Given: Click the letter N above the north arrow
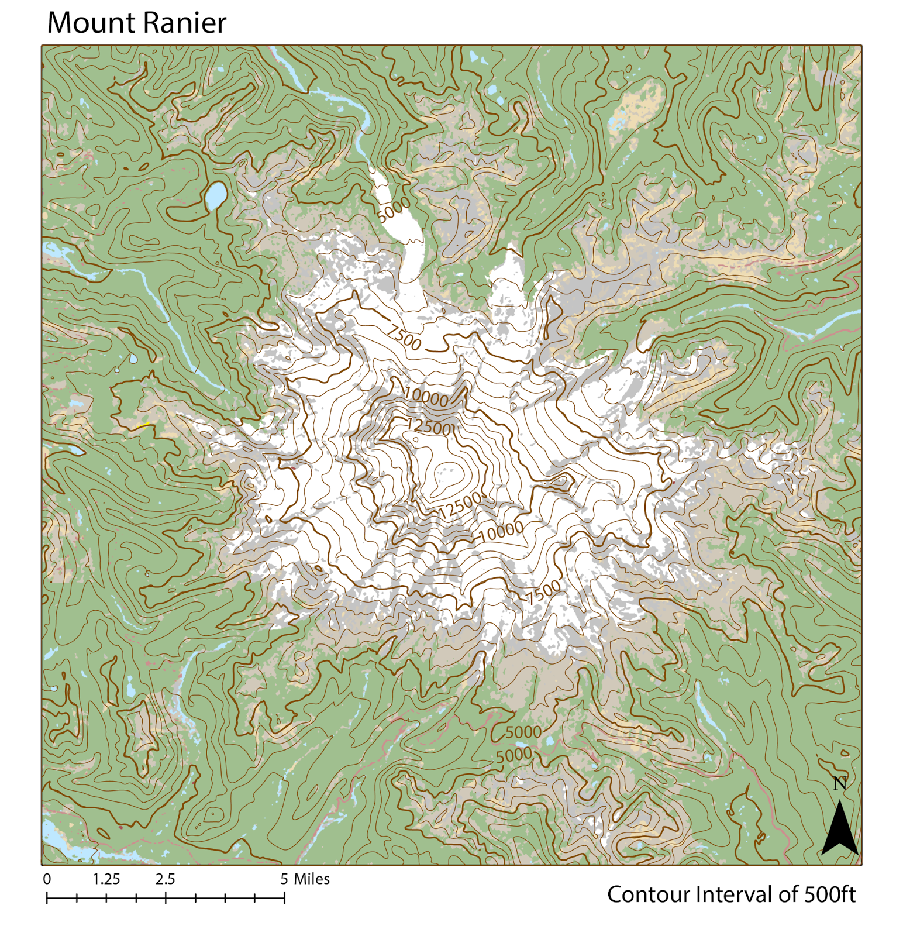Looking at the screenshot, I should tap(840, 783).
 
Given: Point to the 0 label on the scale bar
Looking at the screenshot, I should tap(47, 879).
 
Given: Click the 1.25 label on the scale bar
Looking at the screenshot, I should tap(106, 879).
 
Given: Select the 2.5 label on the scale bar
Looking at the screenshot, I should tap(166, 879).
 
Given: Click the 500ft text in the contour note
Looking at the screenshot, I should tap(830, 894).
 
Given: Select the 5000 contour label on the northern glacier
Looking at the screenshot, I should tap(394, 210).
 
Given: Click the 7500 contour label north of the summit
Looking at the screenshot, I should tap(404, 338).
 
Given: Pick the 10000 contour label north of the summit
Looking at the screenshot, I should tap(426, 397).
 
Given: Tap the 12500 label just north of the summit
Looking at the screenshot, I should tap(429, 426).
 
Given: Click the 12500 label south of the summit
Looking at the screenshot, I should tap(460, 505).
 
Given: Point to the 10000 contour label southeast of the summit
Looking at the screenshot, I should tap(501, 531).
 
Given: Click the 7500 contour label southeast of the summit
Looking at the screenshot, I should tap(543, 593).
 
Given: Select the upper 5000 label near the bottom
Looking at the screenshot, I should tap(523, 732).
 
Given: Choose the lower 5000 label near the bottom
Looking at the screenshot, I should tap(514, 755).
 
